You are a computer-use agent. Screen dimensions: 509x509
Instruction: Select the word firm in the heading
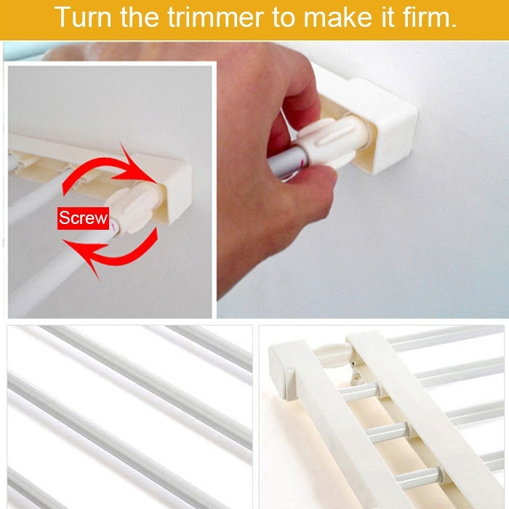coord(430,17)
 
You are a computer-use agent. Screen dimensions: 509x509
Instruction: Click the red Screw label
coord(83,217)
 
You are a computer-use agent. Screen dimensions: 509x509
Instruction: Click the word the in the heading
coord(140,17)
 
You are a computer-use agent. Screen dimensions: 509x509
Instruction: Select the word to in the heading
coord(286,17)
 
